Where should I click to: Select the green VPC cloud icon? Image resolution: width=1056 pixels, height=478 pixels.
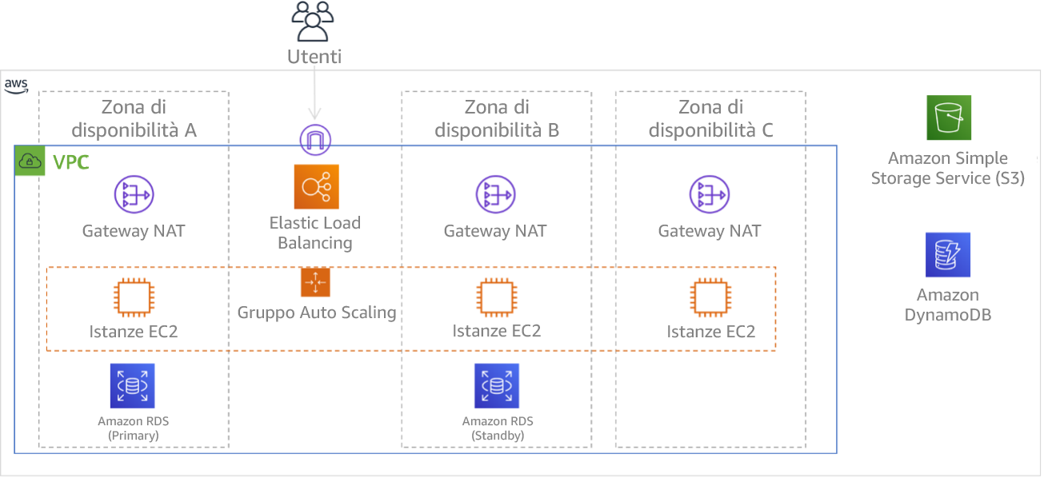coord(30,162)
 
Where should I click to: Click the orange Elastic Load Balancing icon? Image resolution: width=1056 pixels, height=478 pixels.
coord(316,187)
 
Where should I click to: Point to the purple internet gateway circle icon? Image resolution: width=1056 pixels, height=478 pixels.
coord(315,140)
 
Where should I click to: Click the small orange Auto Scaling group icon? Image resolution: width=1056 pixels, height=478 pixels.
coord(315,282)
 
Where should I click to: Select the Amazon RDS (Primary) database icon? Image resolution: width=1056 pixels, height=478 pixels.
coord(132,386)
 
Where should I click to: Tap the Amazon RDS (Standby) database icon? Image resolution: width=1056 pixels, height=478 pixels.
coord(496,386)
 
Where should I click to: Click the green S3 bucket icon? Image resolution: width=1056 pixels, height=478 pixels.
coord(948,118)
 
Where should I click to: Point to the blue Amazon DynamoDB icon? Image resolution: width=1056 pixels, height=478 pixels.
coord(948,255)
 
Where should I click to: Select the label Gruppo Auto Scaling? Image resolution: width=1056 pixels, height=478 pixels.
coord(316,313)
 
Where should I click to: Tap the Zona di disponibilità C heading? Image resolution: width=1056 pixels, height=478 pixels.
coord(710,118)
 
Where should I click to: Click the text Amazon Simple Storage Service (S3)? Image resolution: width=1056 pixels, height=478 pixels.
coord(947,169)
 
